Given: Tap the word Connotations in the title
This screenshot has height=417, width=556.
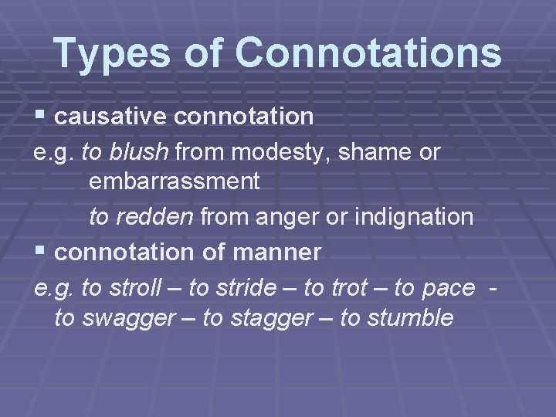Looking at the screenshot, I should click(x=368, y=53).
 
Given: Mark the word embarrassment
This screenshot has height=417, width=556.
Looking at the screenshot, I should click(x=174, y=182).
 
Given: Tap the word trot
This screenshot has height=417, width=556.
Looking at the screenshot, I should click(x=348, y=287).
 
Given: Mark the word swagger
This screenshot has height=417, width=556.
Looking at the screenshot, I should click(x=132, y=317).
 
